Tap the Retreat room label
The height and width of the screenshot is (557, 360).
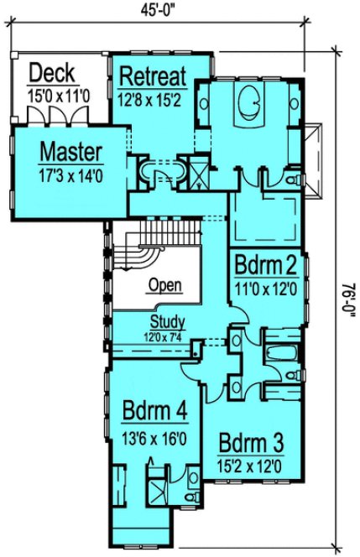152,76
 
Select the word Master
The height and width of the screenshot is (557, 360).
72,153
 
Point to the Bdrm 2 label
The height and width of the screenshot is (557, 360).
264,267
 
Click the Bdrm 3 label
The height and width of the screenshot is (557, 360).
252,442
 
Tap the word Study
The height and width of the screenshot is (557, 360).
169,321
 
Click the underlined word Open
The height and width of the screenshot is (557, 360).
164,285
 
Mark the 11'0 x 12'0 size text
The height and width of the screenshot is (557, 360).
264,289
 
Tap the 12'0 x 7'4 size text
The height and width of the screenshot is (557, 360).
169,336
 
